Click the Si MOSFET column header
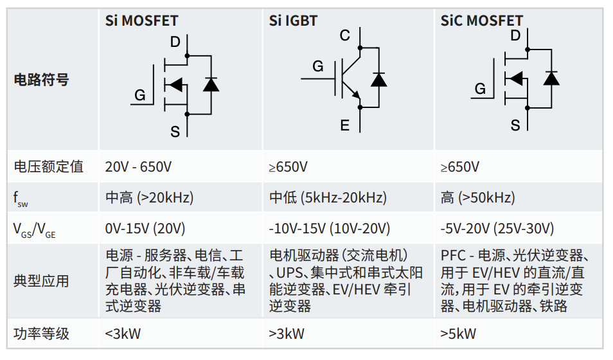click(x=141, y=21)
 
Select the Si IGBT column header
click(x=293, y=21)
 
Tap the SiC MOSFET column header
click(x=481, y=21)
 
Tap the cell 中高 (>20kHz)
click(x=149, y=198)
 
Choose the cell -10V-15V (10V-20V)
click(x=330, y=229)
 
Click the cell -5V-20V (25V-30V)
click(x=497, y=229)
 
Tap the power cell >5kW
click(x=458, y=334)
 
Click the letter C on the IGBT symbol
click(x=345, y=35)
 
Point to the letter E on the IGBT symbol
click(x=345, y=125)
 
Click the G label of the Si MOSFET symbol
click(x=139, y=96)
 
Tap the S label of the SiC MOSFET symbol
click(x=515, y=125)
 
